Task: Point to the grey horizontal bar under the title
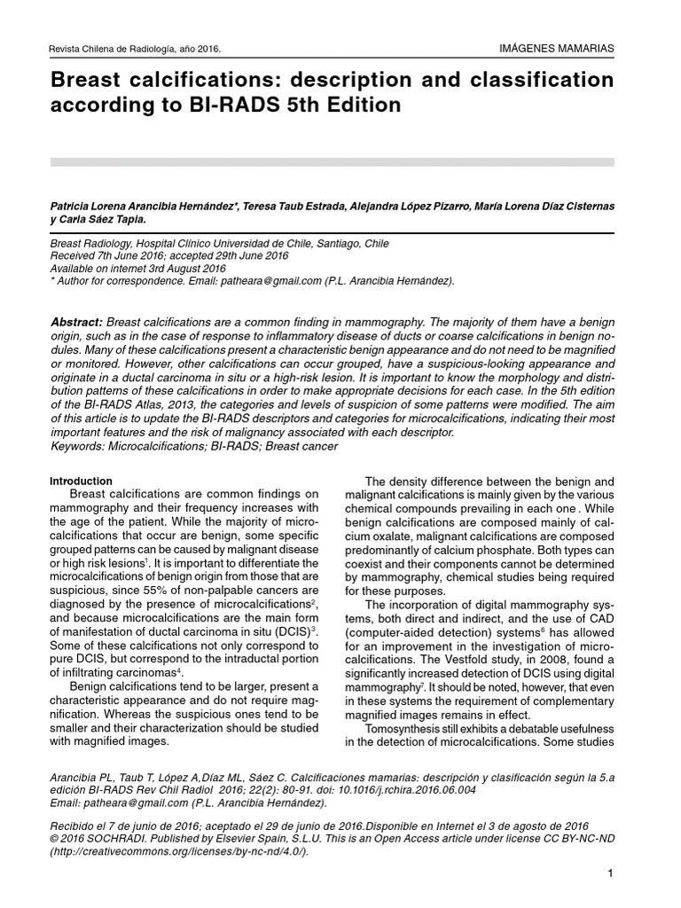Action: click(333, 162)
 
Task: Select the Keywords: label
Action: click(80, 445)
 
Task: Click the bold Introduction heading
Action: click(82, 481)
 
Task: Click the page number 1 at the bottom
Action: click(611, 875)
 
